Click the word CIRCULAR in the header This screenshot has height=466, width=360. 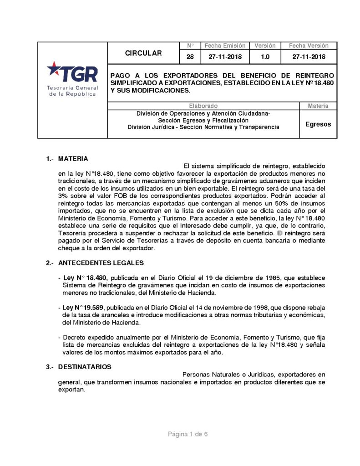(x=143, y=53)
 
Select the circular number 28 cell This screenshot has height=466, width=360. (x=190, y=57)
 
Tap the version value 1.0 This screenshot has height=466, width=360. (x=265, y=57)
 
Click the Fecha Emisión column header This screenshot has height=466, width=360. (x=225, y=46)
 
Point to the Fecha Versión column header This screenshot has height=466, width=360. (x=309, y=46)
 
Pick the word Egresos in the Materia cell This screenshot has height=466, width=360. (x=318, y=124)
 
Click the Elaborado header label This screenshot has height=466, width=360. (x=203, y=106)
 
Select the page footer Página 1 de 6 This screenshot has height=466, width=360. (x=188, y=434)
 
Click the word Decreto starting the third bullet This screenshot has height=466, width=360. (x=75, y=338)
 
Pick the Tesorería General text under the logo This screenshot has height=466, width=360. (x=72, y=87)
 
